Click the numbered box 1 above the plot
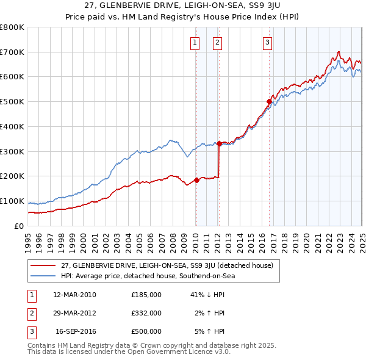point(195,42)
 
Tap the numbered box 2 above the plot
point(217,42)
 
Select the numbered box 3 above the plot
point(268,42)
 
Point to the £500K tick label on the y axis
point(12,102)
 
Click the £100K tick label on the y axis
point(12,201)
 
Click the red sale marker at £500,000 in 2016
point(269,101)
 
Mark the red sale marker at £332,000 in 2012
point(219,143)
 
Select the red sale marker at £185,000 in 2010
point(196,180)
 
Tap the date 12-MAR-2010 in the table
point(75,295)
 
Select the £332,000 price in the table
point(146,313)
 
